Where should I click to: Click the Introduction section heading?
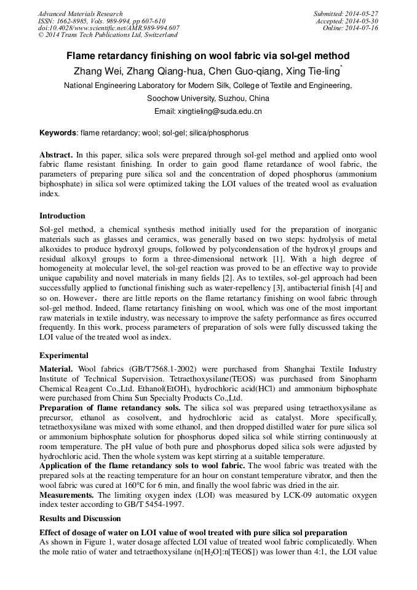(x=62, y=216)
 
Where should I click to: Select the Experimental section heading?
(x=64, y=356)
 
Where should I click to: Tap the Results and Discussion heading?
(x=80, y=519)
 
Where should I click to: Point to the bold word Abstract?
(x=57, y=154)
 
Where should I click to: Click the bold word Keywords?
(x=58, y=132)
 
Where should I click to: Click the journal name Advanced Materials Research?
(x=81, y=14)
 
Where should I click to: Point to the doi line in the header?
(x=108, y=28)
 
